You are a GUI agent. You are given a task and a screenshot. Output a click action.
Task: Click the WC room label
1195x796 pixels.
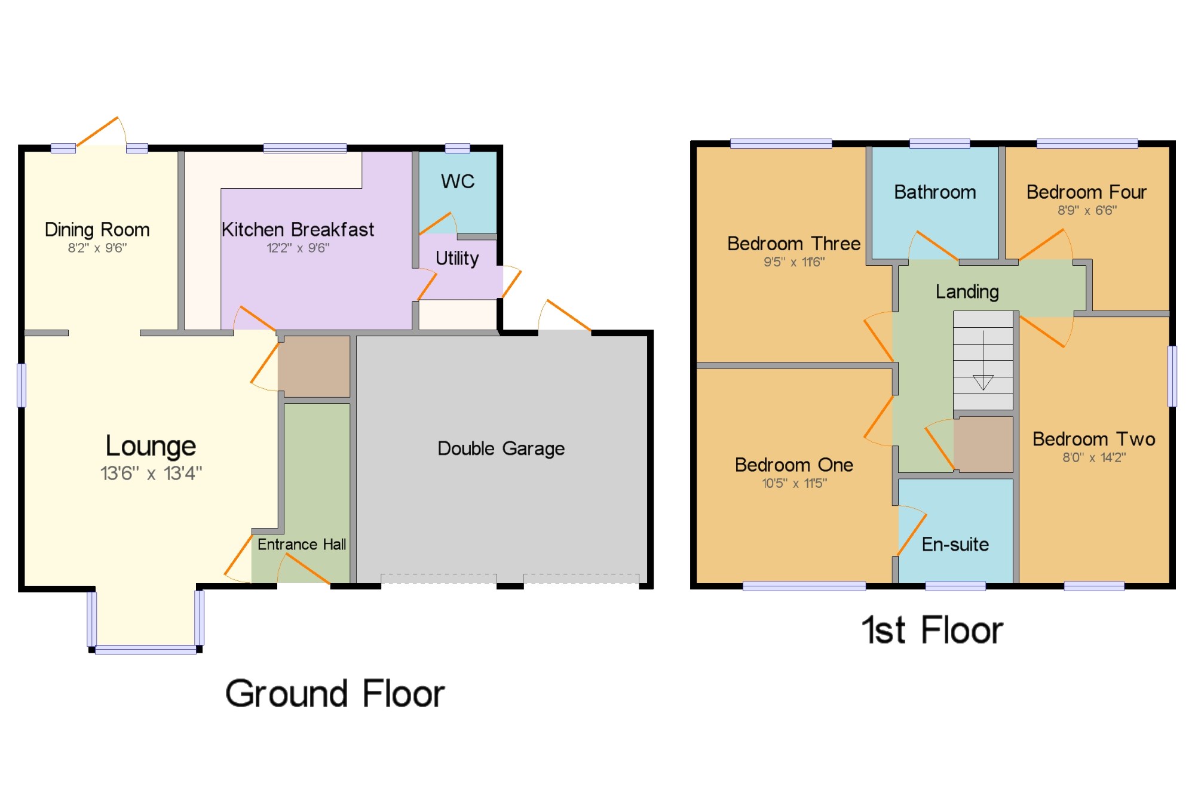pos(458,181)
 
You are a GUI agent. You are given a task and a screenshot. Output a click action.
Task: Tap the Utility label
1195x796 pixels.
pos(457,258)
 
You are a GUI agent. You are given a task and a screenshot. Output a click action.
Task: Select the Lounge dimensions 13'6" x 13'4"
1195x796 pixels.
pos(151,474)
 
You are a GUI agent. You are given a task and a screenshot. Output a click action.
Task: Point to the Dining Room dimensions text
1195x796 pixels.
pos(97,248)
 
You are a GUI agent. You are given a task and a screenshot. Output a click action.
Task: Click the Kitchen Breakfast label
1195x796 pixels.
pos(298,229)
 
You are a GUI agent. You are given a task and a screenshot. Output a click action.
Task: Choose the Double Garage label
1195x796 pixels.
pos(501,448)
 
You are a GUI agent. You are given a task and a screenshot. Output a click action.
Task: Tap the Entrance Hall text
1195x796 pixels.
pos(302,544)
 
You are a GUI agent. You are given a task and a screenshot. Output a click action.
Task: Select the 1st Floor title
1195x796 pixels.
pos(932,630)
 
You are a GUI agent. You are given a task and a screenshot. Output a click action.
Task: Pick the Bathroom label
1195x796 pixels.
pos(935,192)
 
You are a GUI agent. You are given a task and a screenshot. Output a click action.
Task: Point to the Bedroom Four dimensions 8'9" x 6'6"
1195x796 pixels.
pos(1087,210)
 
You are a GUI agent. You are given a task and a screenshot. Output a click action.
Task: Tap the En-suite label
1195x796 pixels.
pos(955,544)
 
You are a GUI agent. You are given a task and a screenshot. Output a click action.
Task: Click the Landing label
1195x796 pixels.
pos(967,291)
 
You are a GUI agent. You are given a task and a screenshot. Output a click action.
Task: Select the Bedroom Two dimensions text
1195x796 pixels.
pos(1094,457)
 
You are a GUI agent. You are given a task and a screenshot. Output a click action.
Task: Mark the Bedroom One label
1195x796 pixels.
pos(794,465)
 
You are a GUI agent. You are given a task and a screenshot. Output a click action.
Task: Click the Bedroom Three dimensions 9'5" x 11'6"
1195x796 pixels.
pos(794,262)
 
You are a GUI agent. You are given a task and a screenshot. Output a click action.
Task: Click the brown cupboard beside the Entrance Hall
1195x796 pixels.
pos(314,366)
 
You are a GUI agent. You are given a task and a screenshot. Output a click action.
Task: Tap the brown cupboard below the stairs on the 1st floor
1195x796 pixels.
pos(983,444)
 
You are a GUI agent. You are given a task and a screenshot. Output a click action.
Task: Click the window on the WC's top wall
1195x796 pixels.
pos(457,148)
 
